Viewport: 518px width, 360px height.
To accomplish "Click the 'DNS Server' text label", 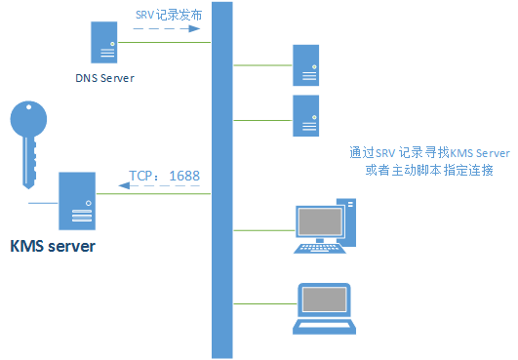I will (x=105, y=78).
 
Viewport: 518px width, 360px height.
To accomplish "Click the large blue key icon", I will (x=29, y=138).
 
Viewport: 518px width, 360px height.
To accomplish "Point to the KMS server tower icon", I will (x=75, y=200).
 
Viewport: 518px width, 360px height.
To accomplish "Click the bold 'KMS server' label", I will (x=53, y=246).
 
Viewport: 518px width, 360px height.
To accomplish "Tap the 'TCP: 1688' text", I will (x=164, y=177).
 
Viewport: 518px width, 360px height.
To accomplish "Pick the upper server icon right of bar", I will (x=306, y=65).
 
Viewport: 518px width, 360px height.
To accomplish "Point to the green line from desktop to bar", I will (x=261, y=231).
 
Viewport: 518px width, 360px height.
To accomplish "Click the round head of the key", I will (x=29, y=121).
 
